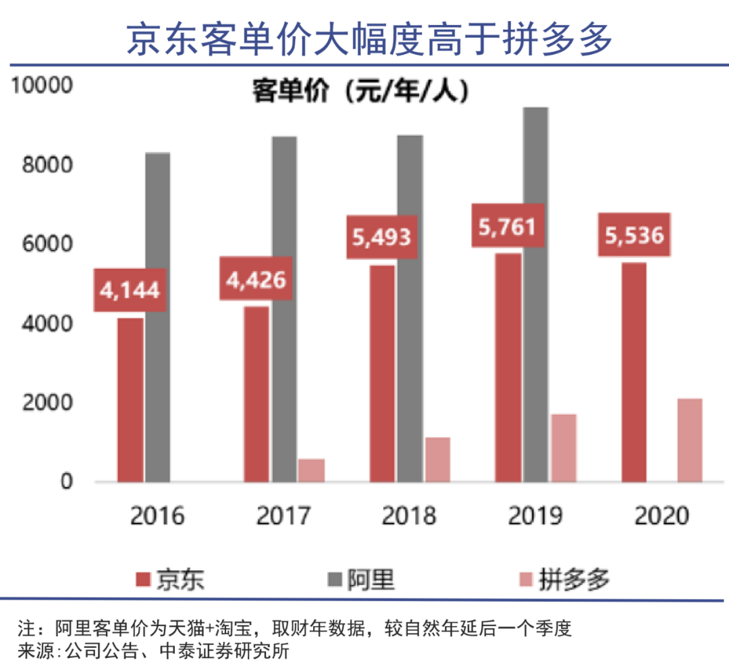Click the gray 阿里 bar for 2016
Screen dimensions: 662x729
pos(158,317)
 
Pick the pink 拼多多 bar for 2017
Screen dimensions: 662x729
pos(312,470)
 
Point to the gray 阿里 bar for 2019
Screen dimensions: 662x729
pos(536,295)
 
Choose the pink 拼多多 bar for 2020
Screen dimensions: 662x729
pos(690,440)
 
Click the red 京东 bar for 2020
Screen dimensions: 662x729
pos(635,372)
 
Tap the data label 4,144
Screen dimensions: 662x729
pos(130,290)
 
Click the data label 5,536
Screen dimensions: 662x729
pos(634,235)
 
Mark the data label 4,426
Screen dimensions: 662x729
pos(256,278)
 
